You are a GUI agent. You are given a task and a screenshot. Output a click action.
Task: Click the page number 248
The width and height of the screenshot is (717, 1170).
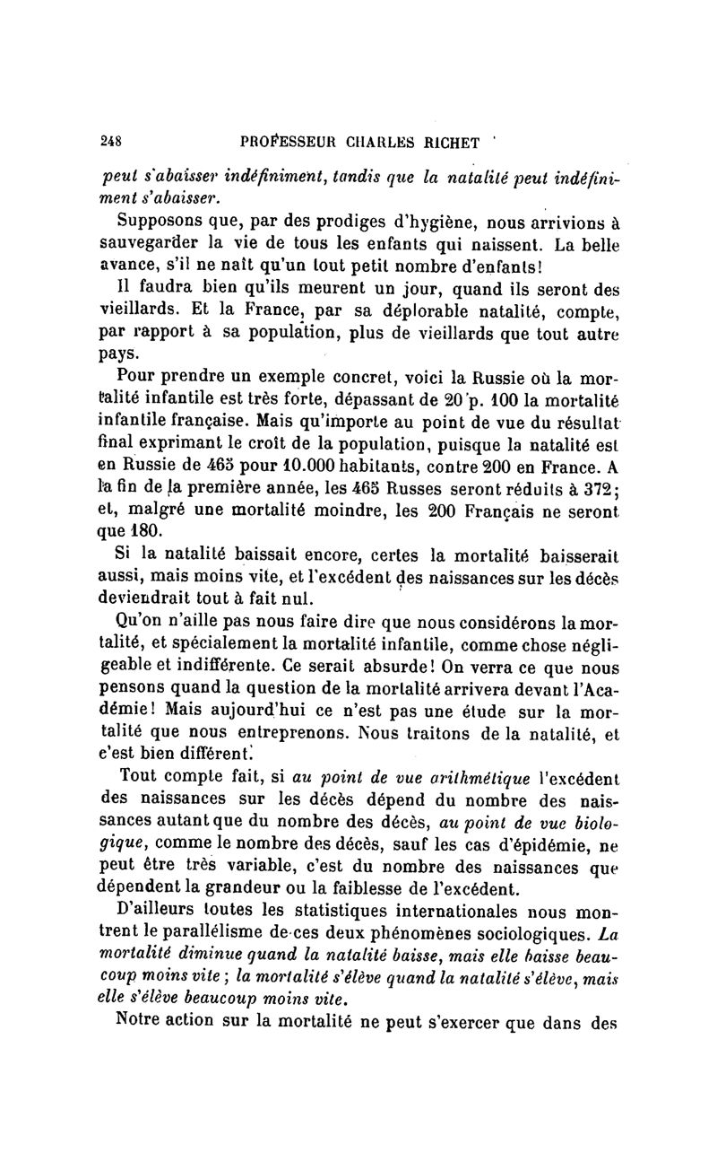pyautogui.click(x=111, y=140)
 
